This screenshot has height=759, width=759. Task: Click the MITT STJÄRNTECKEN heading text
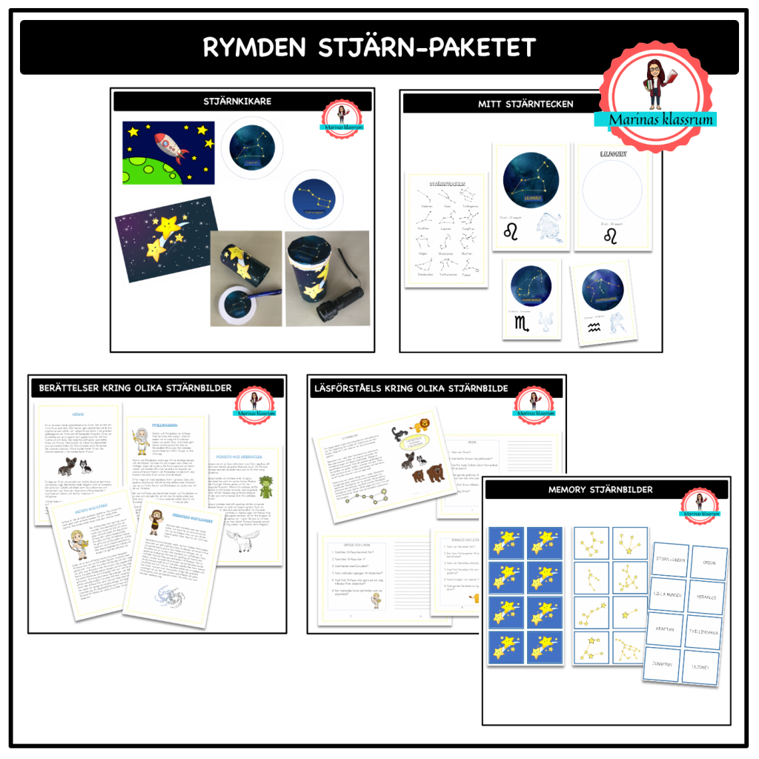pyautogui.click(x=526, y=104)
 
